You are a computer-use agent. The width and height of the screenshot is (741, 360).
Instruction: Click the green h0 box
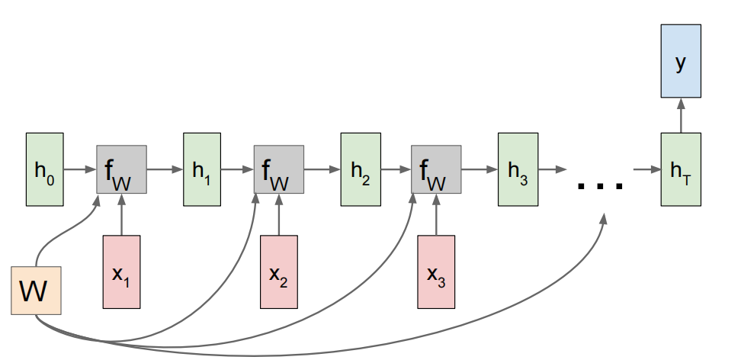coord(45,169)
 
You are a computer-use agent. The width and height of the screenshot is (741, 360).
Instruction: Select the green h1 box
coord(202,169)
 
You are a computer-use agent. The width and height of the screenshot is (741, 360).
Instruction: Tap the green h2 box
coord(360,169)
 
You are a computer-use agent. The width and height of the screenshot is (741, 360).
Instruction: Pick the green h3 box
coord(517,169)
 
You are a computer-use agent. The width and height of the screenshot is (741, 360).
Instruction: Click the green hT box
coord(679,169)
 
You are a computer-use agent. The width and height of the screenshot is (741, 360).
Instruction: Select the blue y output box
coord(679,63)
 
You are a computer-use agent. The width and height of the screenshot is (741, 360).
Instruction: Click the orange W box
coord(36,291)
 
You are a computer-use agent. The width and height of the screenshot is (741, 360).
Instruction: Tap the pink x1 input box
coord(121,272)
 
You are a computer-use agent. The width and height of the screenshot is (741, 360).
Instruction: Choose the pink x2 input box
coord(279,272)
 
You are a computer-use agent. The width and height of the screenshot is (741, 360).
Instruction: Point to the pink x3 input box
coord(436,272)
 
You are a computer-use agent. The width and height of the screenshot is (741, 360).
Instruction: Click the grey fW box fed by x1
coord(121,169)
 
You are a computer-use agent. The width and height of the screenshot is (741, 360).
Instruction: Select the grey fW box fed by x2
coord(279,169)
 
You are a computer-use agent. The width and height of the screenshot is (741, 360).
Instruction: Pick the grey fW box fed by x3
coord(436,169)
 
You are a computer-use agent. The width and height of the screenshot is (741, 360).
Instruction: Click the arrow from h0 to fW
coord(80,169)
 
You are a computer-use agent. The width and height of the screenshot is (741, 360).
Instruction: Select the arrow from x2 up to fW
coord(279,215)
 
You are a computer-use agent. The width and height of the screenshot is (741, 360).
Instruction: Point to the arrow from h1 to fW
coord(237,169)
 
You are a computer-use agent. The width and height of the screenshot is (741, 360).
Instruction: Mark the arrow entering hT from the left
coord(647,169)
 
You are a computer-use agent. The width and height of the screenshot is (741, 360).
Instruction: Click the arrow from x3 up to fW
coord(436,215)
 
